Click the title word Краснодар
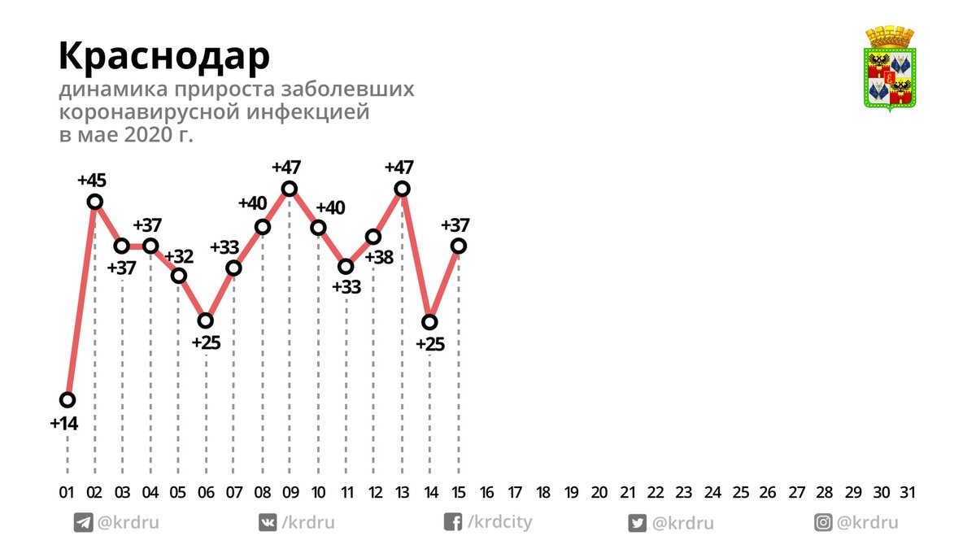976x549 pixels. (x=164, y=57)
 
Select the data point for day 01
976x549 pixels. (x=68, y=399)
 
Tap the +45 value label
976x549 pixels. (x=93, y=180)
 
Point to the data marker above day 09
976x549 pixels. (x=289, y=189)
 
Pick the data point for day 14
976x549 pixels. (x=430, y=322)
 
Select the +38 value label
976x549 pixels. (x=379, y=257)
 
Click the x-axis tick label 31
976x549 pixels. (x=908, y=492)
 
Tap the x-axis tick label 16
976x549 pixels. (x=487, y=492)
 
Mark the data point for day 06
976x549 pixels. (x=206, y=320)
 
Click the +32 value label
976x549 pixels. (x=179, y=257)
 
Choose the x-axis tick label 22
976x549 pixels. (x=656, y=492)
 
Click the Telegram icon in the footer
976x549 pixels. (x=83, y=523)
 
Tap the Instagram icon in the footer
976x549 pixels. (x=824, y=523)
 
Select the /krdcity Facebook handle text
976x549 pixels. (x=499, y=522)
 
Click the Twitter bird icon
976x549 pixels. (x=638, y=523)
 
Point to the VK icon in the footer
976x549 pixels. (x=268, y=523)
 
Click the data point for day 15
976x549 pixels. (x=459, y=246)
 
